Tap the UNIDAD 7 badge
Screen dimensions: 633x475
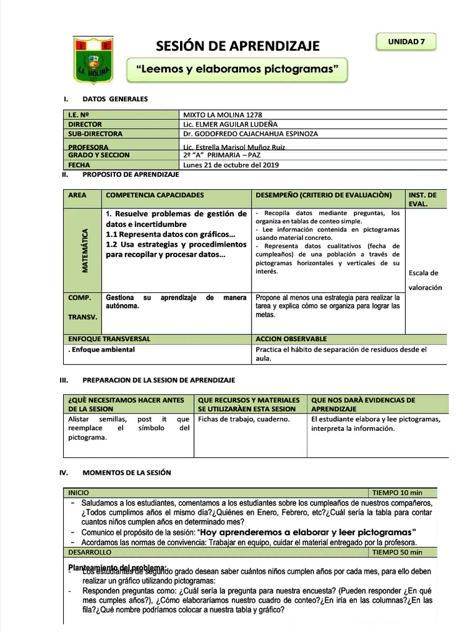(406, 42)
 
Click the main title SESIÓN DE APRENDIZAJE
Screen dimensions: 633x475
(237, 46)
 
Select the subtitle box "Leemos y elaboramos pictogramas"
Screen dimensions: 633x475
(237, 70)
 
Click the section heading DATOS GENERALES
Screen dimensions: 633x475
(115, 99)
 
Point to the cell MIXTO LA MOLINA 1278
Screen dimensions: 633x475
(219, 114)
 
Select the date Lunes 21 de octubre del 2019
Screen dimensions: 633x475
(231, 165)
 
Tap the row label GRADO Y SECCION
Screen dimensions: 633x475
(95, 155)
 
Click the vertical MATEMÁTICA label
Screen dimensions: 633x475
(85, 250)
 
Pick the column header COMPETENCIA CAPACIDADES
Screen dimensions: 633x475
(155, 195)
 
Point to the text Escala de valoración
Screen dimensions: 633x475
(425, 280)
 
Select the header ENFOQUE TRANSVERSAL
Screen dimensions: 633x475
(109, 339)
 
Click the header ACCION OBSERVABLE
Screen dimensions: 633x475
(291, 339)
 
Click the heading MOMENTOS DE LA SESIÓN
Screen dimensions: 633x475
(126, 472)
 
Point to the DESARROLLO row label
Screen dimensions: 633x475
(90, 552)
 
